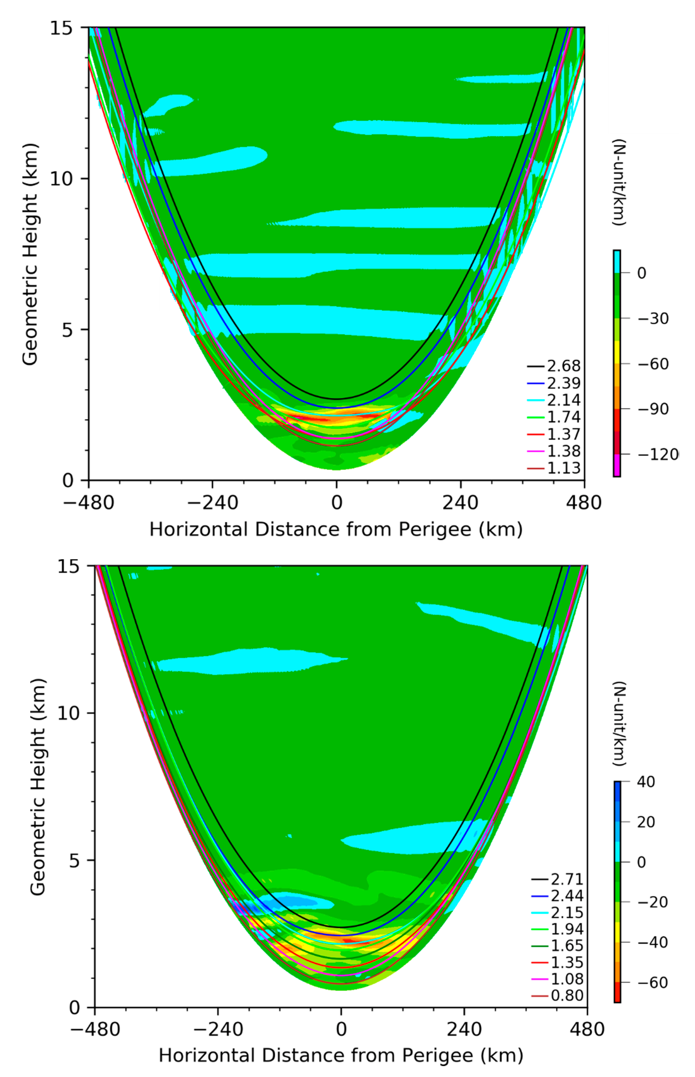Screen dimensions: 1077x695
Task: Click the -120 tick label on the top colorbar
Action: [x=657, y=454]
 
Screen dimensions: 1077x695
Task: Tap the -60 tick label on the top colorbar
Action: [x=653, y=364]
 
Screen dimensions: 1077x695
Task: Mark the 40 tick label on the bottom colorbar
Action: [x=646, y=782]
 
